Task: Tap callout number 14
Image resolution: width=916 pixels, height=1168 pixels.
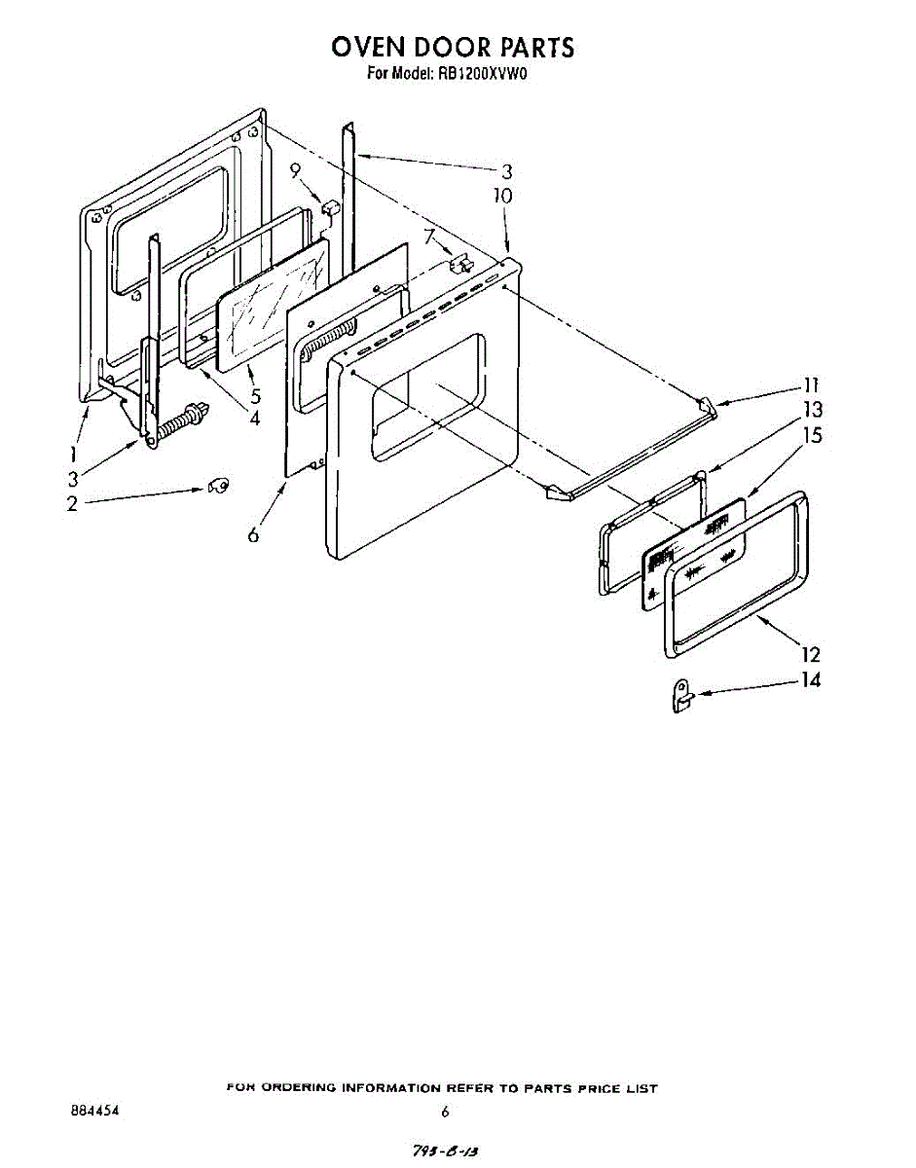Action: coord(810,680)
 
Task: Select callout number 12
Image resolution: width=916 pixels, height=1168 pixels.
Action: coord(810,654)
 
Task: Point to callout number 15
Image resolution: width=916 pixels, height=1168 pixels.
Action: coord(811,435)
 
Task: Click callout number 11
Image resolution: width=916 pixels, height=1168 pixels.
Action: coord(811,384)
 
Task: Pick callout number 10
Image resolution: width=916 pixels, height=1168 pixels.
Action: coord(502,196)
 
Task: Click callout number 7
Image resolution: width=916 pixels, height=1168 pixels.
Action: coord(427,235)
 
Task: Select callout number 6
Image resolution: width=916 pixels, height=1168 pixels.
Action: coord(254,534)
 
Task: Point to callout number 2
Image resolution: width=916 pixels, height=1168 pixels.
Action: coord(72,504)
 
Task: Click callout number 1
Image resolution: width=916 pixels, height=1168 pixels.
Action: coord(74,454)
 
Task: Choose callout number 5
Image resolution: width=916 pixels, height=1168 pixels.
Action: coord(255,397)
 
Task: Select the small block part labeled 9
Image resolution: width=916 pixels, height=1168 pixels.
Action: coord(329,208)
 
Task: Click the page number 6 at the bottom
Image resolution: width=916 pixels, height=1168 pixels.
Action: coord(444,1112)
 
